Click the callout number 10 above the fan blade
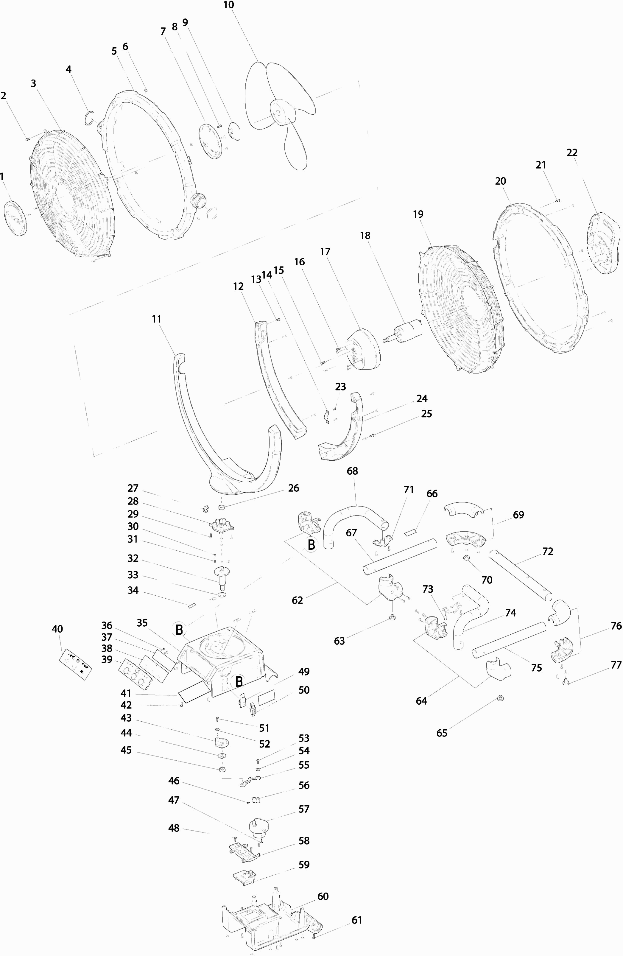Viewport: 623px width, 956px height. pos(228,5)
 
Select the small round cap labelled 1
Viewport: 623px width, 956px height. pos(15,218)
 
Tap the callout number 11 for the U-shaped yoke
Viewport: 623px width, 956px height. pos(156,319)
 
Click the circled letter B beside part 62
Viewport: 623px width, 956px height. pos(311,545)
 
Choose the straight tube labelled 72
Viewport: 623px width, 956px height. pos(521,577)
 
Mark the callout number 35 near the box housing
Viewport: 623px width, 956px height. pos(142,623)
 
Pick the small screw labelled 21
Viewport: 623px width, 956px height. pos(557,200)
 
